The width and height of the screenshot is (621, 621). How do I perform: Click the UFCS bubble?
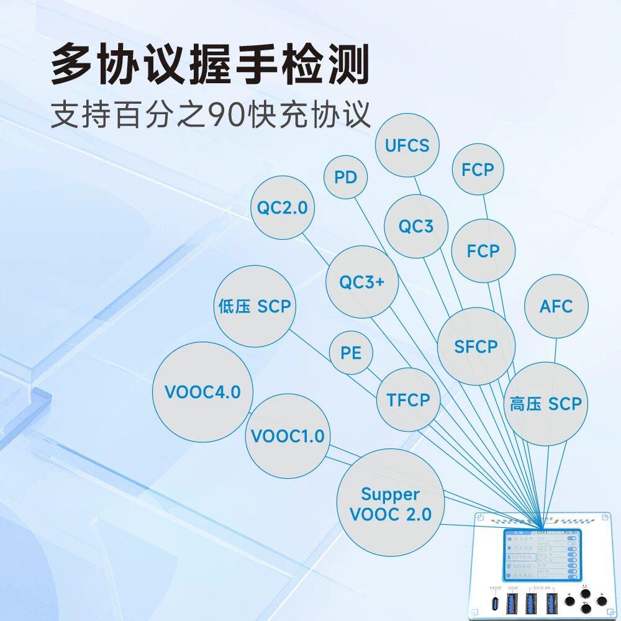click(x=407, y=146)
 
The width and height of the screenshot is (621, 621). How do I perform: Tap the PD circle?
click(x=346, y=177)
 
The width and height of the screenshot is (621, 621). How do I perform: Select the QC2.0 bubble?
click(x=283, y=208)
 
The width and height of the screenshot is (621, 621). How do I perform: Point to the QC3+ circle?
click(x=362, y=282)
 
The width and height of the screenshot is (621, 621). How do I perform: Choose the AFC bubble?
click(x=556, y=306)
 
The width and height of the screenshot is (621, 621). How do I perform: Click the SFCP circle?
click(x=476, y=347)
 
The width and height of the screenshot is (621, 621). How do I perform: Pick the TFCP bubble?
click(x=409, y=400)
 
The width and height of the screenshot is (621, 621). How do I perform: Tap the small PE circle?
click(x=351, y=353)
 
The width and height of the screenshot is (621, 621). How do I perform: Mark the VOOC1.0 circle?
click(x=288, y=436)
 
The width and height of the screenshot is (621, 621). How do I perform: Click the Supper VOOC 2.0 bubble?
click(x=391, y=504)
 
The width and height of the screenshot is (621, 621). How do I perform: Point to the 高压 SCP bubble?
click(x=546, y=404)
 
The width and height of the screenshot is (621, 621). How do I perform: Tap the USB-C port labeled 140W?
click(x=495, y=603)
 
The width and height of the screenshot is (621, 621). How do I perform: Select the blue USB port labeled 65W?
click(x=513, y=602)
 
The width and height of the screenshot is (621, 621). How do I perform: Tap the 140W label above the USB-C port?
click(x=495, y=588)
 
